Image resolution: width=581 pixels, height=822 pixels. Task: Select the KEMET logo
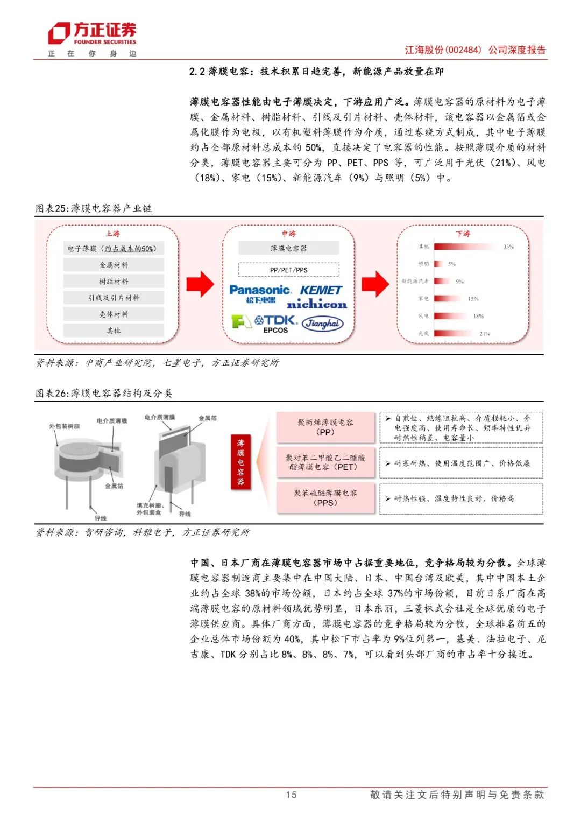click(x=321, y=290)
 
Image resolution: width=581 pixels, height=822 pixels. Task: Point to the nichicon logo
click(x=317, y=304)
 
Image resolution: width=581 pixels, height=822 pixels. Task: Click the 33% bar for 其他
click(x=466, y=247)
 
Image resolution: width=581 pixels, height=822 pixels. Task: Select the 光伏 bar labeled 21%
click(x=454, y=334)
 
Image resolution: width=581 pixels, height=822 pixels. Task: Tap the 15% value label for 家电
click(x=473, y=299)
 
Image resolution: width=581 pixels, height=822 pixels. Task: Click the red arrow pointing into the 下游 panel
click(x=375, y=284)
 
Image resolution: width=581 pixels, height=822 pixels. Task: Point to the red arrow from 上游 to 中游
click(x=200, y=284)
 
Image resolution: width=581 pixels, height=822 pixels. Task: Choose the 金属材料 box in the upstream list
click(x=114, y=265)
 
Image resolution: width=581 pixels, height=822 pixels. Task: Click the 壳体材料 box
click(x=114, y=314)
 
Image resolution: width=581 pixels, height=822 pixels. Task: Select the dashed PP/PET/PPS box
click(x=289, y=270)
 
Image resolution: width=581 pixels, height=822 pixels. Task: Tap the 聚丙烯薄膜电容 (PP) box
click(x=325, y=427)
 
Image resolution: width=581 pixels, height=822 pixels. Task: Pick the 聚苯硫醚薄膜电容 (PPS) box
click(x=325, y=498)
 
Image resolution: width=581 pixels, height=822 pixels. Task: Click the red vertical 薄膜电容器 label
click(x=240, y=462)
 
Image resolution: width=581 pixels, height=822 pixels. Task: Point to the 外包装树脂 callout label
click(x=65, y=426)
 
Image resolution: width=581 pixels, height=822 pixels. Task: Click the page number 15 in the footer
click(x=291, y=795)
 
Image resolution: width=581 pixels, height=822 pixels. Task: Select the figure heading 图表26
click(x=53, y=393)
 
